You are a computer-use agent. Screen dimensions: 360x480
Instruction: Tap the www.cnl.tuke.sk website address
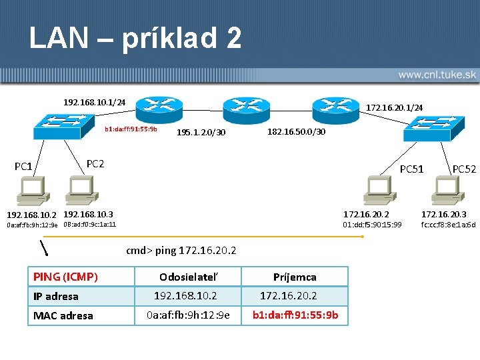point(436,75)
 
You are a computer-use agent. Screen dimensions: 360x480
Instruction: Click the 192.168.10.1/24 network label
point(95,102)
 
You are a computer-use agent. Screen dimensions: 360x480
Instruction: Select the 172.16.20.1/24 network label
point(395,107)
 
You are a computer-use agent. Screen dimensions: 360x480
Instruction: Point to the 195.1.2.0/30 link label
point(201,133)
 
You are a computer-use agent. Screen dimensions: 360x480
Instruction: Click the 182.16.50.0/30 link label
point(296,131)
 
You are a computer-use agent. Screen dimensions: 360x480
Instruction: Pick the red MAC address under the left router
point(131,129)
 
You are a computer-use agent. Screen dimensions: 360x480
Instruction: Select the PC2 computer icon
point(79,191)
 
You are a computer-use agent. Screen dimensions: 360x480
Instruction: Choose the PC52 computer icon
point(445,191)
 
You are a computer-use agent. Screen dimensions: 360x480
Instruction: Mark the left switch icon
point(64,126)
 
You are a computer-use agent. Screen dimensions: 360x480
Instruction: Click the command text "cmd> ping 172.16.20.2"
point(181,250)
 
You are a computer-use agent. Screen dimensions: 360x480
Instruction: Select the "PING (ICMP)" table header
point(65,276)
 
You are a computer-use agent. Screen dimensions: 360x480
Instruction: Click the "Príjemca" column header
point(295,277)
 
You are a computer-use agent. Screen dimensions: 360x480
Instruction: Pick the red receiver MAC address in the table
point(295,315)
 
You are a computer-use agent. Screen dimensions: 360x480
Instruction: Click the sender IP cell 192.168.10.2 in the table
point(185,295)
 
